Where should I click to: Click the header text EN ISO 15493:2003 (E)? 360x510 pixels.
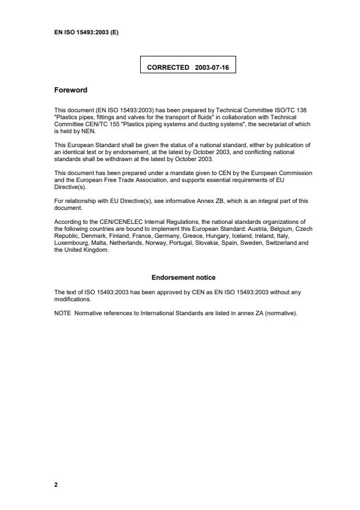pos(87,32)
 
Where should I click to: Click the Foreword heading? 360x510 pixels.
pos(70,90)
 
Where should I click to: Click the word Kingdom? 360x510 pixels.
pos(95,249)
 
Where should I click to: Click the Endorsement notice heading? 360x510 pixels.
pos(183,277)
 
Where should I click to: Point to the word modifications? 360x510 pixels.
pos(72,299)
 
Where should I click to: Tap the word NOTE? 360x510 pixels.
pos(62,313)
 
